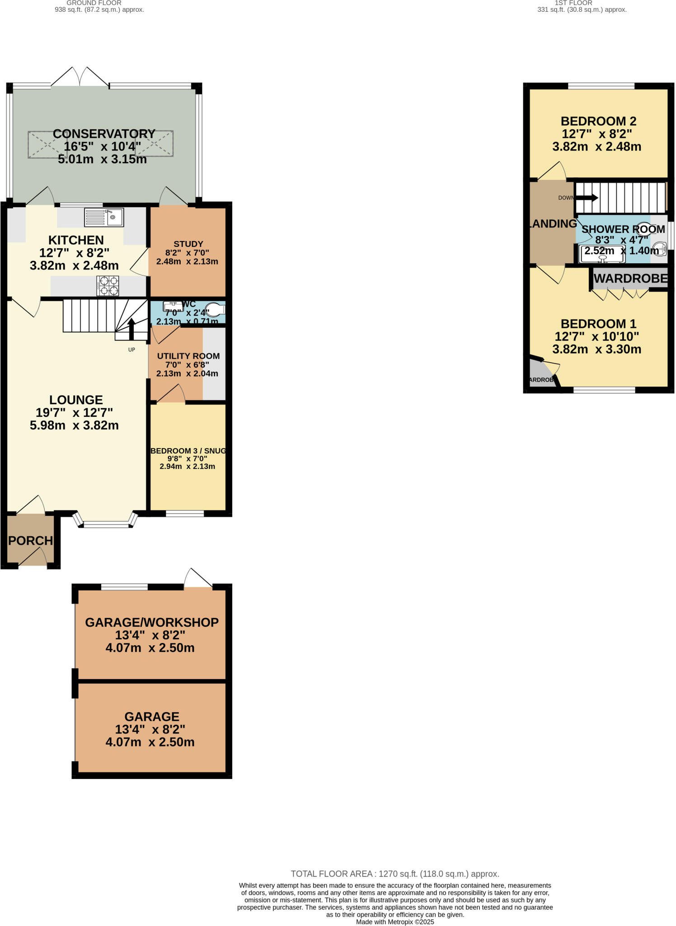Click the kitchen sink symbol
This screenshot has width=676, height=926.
coord(104,217)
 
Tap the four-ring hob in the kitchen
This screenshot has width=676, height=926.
coord(108,286)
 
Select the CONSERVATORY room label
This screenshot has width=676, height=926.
coord(104,134)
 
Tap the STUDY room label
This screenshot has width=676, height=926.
coord(188,244)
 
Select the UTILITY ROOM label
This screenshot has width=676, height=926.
coord(188,356)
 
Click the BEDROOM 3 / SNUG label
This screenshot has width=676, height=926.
coord(188,451)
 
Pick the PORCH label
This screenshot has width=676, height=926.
coord(30,541)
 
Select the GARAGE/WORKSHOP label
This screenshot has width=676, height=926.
coord(152,623)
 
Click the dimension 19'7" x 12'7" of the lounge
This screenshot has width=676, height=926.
coord(74,412)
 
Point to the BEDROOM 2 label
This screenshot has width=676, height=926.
coord(598,121)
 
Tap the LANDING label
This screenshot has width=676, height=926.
coord(553,224)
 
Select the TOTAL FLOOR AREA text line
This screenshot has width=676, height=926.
coord(394,874)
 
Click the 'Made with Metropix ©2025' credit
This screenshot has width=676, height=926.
coord(394,922)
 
